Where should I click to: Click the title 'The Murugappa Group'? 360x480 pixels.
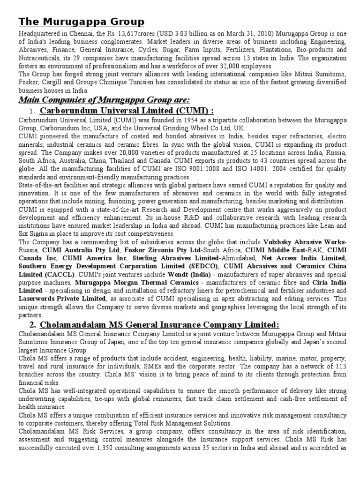pos(82,22)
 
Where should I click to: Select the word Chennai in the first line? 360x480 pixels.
pos(84,34)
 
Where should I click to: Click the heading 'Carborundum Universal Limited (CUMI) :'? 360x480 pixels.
pos(127,111)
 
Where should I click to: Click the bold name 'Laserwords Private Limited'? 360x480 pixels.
pos(62,299)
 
